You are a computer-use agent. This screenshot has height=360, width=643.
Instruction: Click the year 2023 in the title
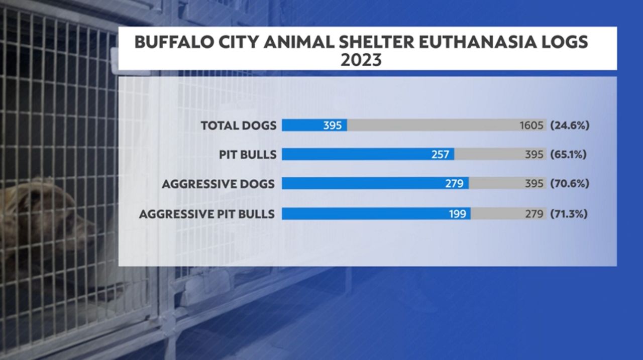click(361, 60)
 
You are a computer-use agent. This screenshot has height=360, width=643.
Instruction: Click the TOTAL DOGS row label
click(239, 126)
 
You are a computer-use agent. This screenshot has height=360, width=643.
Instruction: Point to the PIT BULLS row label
click(247, 154)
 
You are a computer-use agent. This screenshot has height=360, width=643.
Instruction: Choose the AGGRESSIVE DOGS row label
click(218, 184)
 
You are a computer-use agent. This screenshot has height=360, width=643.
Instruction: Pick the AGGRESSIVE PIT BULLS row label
click(207, 214)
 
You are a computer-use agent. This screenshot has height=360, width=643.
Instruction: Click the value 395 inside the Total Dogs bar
click(332, 126)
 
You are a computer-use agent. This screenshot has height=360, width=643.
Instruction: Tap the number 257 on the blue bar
click(440, 155)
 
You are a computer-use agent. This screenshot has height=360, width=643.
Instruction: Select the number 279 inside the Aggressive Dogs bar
click(454, 184)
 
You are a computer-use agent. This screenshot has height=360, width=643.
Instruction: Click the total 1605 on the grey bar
click(531, 126)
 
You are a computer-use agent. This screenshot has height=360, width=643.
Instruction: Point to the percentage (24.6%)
click(569, 126)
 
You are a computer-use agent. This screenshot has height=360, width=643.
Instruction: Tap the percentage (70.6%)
click(569, 184)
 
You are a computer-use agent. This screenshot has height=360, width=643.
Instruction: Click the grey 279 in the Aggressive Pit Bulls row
click(534, 214)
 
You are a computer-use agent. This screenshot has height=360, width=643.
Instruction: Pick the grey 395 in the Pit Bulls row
click(534, 155)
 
